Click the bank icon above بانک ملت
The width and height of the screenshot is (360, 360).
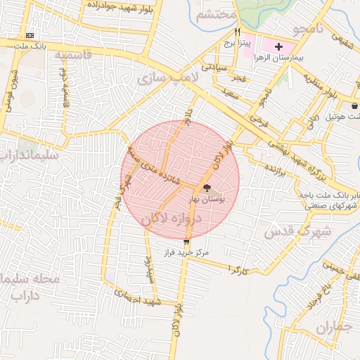[x=30, y=34]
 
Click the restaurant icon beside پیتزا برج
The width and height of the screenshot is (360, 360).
[x=237, y=32]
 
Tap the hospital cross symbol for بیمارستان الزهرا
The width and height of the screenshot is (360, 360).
[x=279, y=46]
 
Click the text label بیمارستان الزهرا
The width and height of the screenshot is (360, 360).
[x=295, y=58]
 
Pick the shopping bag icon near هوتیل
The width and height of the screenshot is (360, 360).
[x=354, y=106]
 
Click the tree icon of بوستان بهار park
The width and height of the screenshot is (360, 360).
[x=206, y=188]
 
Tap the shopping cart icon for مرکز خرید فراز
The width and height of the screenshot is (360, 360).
[x=186, y=242]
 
